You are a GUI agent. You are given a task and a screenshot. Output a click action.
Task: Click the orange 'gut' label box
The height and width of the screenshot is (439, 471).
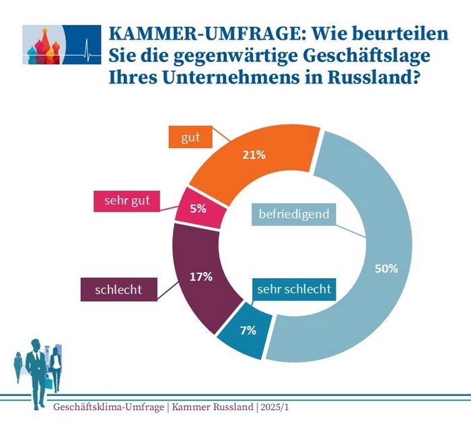(x=190, y=137)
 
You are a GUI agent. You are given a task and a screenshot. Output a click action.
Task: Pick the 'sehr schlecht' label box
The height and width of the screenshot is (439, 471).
(x=294, y=290)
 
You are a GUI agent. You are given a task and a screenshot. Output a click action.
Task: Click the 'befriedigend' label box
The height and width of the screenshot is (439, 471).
(x=293, y=214)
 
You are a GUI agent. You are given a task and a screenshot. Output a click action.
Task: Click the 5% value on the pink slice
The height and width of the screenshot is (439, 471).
(x=198, y=209)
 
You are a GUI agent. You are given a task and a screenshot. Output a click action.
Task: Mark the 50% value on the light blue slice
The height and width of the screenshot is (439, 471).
(x=387, y=268)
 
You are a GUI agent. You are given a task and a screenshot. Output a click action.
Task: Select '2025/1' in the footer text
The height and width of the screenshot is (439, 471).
(x=279, y=407)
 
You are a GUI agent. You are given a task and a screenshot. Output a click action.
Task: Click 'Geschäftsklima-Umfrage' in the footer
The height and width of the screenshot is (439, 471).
(x=108, y=407)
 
